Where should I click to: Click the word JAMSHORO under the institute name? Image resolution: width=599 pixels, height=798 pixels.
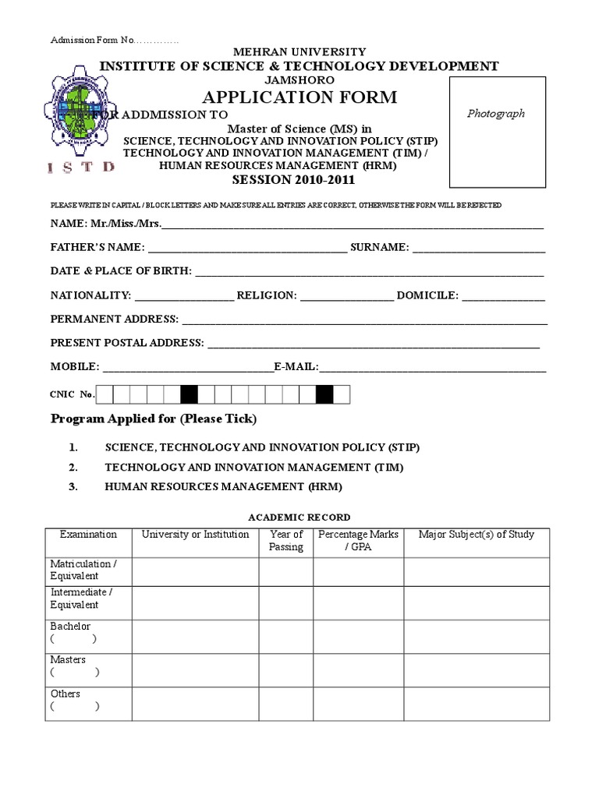[x=299, y=79]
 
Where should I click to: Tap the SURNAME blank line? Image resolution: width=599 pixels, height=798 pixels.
[x=478, y=249]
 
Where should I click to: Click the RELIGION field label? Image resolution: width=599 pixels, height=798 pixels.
[x=267, y=295]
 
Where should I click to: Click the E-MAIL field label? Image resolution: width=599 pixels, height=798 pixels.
[x=296, y=366]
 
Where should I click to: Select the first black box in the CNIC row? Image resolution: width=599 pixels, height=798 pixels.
[x=189, y=394]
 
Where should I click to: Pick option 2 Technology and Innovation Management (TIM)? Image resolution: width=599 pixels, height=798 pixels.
[x=254, y=468]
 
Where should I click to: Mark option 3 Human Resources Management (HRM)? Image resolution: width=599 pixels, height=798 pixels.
[x=223, y=487]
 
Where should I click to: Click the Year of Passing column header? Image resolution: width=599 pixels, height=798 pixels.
[x=286, y=541]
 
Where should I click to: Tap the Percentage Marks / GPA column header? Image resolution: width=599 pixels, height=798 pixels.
[x=358, y=541]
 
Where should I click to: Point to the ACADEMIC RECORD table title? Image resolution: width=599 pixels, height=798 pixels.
[x=299, y=517]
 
